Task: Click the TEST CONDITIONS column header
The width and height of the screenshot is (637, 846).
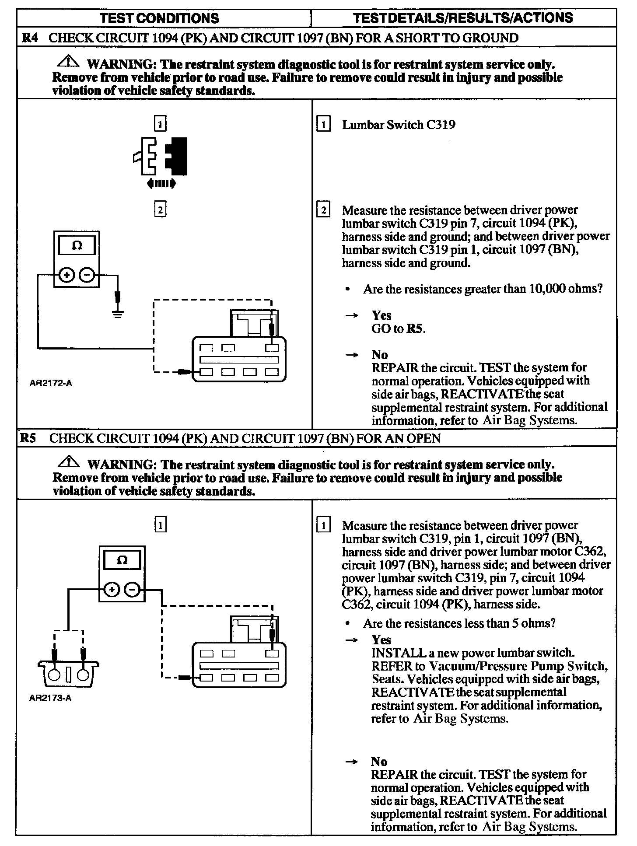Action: tap(159, 18)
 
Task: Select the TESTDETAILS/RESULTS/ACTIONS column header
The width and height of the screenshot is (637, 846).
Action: tap(462, 18)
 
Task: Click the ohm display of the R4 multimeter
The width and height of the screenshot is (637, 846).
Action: tap(77, 245)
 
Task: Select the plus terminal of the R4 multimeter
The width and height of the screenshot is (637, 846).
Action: tap(66, 275)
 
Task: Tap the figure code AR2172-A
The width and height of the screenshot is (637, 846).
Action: tap(51, 383)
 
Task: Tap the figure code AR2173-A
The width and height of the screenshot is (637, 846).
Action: tap(50, 698)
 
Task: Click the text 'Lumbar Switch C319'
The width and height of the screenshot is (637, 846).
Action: tap(398, 125)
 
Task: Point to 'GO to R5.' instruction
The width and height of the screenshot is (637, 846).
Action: tap(398, 329)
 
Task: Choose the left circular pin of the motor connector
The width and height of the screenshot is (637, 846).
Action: tap(54, 675)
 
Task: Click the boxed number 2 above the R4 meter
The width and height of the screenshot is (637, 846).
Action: tap(160, 210)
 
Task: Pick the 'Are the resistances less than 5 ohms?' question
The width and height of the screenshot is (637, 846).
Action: tap(459, 623)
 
